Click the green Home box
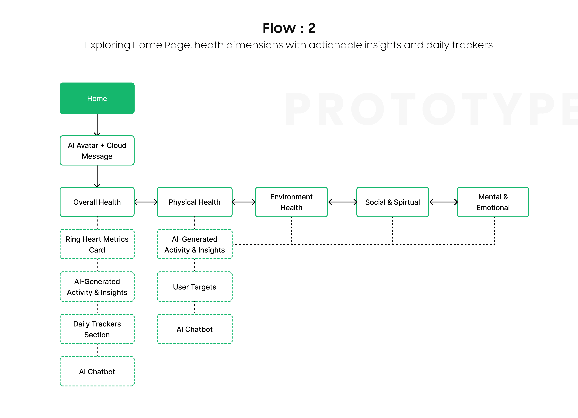[97, 98]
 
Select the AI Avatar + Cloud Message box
[97, 150]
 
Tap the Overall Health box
[97, 202]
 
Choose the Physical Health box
[194, 202]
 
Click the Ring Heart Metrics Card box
[97, 244]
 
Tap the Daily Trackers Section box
[97, 329]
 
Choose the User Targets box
[194, 287]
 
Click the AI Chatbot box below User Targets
[194, 329]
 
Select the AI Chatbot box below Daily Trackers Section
[97, 371]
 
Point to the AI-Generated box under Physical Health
[194, 244]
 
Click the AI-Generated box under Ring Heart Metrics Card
[97, 287]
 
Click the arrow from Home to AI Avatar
[97, 125]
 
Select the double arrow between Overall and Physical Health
[146, 202]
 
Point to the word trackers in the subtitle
[472, 45]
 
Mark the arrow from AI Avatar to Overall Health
[97, 176]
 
